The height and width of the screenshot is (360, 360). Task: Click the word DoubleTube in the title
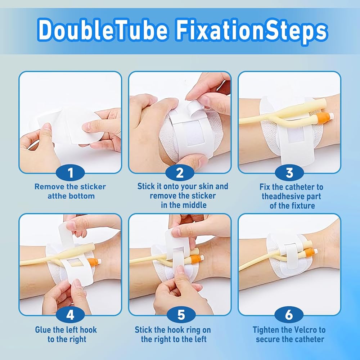click(103, 30)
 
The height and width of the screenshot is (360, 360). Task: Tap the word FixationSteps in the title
click(251, 30)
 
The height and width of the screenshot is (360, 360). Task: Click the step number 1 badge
click(70, 173)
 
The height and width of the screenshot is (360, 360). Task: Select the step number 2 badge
click(180, 173)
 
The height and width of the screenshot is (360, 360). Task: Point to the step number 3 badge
click(289, 173)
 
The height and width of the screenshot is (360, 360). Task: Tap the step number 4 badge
click(70, 315)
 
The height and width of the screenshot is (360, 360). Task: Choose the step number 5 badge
click(181, 315)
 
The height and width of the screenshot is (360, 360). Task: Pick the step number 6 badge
click(289, 315)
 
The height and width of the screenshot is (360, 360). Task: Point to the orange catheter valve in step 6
click(310, 252)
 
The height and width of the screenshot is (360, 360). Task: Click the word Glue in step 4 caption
click(43, 330)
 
